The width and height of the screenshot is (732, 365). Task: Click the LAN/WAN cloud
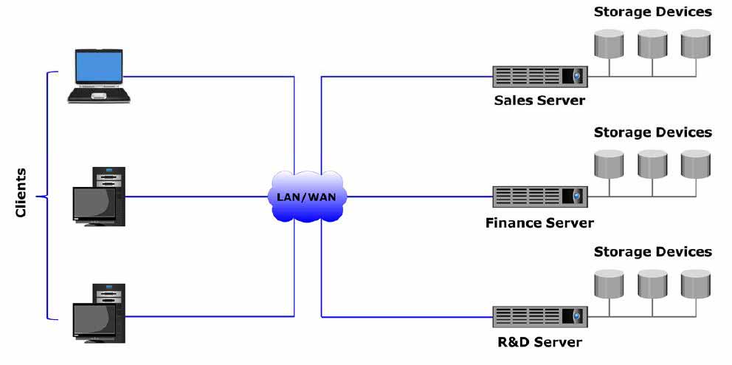coord(307,197)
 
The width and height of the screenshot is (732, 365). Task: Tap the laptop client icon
coord(98,75)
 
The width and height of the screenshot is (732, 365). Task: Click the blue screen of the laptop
coord(98,66)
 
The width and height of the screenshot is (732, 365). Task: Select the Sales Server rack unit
coord(539,77)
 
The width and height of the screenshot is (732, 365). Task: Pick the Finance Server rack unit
coord(539,197)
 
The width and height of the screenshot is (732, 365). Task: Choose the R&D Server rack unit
coord(539,316)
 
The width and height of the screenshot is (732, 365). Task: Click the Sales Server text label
coord(539,100)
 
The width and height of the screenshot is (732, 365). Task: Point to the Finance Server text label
coord(539,222)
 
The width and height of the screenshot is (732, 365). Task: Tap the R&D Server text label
coord(539,342)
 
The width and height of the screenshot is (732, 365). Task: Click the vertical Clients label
coord(21,193)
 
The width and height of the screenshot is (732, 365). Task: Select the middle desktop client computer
coord(99,197)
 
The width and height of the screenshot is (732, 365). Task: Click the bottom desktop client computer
coord(99,313)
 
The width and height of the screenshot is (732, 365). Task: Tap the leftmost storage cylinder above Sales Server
coord(609,44)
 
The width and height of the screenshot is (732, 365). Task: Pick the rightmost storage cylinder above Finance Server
coord(696,164)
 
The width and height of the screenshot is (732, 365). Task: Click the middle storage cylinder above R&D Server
coord(652,284)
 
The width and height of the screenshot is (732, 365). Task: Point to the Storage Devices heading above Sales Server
coord(652,12)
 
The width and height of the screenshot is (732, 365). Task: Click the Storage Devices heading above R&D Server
coord(652,252)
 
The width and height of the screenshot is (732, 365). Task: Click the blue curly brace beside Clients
coord(48,196)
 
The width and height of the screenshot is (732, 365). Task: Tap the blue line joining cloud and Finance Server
coord(419,197)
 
